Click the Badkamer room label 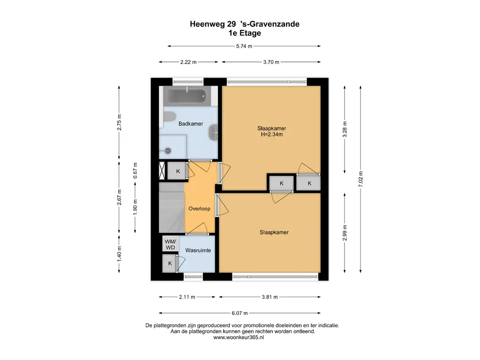click(191, 124)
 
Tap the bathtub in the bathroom click(187, 96)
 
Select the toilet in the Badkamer click(168, 117)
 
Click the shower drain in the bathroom click(167, 150)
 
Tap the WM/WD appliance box click(170, 244)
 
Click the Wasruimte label click(198, 250)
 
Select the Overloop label click(199, 209)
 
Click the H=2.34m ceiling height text click(272, 134)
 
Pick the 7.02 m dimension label click(360, 180)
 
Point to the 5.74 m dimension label click(244, 46)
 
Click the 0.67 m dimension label click(135, 171)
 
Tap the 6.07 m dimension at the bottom click(240, 313)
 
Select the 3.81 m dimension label click(270, 297)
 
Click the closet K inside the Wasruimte click(170, 263)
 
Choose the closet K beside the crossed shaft click(178, 171)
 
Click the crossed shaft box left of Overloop click(162, 171)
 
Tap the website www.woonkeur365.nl click(239, 337)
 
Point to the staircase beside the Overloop click(172, 208)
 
